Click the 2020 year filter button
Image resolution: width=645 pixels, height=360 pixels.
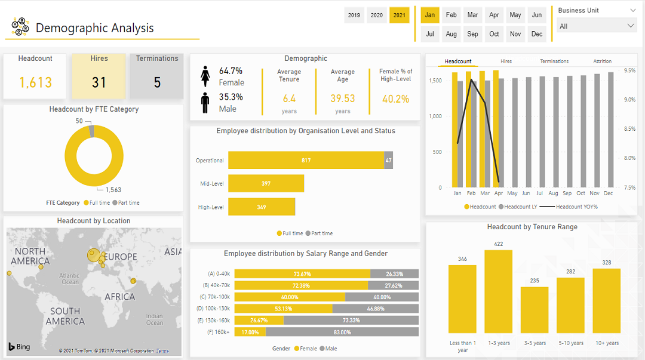point(376,15)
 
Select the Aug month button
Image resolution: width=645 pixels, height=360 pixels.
point(451,34)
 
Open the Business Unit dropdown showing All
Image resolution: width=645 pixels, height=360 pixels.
point(597,26)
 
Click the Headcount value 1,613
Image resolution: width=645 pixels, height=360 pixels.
point(35,82)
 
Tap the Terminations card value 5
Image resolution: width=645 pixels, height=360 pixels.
point(157,82)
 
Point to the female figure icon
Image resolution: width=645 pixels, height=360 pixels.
point(205,76)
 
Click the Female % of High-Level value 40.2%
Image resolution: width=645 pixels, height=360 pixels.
point(395,99)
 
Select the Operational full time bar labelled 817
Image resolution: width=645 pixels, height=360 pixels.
point(306,160)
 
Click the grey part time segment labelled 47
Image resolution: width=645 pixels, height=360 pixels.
point(388,160)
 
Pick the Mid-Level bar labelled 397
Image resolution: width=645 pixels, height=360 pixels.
point(266,183)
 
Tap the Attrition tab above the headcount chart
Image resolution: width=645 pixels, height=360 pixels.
point(602,61)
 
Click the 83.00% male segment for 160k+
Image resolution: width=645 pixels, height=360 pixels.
point(342,332)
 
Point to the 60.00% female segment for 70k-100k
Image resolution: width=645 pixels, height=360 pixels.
point(289,297)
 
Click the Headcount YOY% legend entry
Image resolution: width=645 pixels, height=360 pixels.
point(573,207)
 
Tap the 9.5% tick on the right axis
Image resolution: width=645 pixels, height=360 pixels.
point(629,70)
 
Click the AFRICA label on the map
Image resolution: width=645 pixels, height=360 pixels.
point(119,297)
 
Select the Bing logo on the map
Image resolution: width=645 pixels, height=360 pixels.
point(19,347)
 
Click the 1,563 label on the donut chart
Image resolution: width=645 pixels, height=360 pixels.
point(113,190)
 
